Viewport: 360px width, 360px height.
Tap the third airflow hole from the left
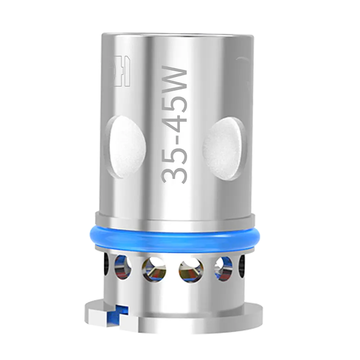[x=154, y=269]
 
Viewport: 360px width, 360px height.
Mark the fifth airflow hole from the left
[x=223, y=268]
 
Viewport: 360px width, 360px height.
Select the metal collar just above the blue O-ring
[x=178, y=220]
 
